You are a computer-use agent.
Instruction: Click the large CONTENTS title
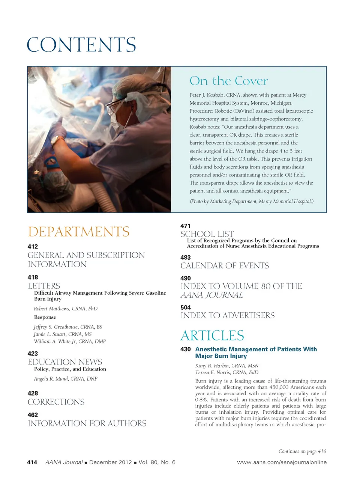click(81, 45)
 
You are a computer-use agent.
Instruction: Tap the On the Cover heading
click(229, 81)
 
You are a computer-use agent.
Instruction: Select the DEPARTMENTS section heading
click(79, 232)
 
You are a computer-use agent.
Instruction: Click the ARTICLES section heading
click(212, 335)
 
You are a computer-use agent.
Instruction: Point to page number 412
click(33, 247)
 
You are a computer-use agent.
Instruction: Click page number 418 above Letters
click(33, 277)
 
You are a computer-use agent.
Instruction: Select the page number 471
click(185, 226)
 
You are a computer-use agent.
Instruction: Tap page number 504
click(185, 307)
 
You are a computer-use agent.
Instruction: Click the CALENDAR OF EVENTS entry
click(225, 266)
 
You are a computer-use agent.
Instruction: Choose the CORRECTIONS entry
click(56, 402)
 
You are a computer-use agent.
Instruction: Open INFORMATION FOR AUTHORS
click(87, 423)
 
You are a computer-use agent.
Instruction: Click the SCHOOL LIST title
click(207, 234)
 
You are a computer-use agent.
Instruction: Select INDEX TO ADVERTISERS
click(228, 315)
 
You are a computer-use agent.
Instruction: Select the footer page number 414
click(32, 462)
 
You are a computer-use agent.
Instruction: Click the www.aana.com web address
click(282, 462)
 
